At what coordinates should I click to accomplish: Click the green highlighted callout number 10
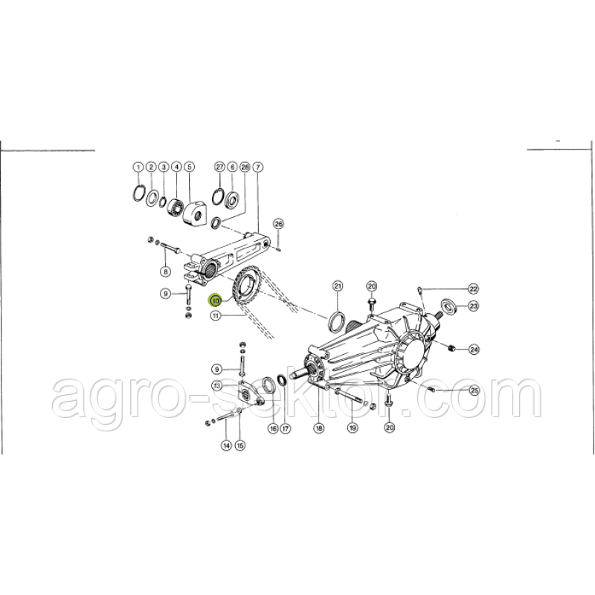coord(216,300)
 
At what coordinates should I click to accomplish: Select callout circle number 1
coord(138,167)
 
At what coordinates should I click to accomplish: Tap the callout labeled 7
coord(257,167)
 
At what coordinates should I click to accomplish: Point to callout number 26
coord(278,224)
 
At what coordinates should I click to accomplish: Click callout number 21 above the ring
coord(338,286)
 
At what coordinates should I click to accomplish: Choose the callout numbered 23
coord(473,306)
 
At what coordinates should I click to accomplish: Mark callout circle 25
coord(475,390)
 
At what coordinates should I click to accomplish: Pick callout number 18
coord(319,428)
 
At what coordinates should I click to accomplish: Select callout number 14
coord(227,445)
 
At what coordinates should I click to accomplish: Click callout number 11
coord(216,315)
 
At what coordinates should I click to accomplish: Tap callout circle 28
coord(245,167)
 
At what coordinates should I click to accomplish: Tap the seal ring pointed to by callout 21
coord(337,321)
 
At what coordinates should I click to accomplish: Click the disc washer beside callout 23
coord(448,306)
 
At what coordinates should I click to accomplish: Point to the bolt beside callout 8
coord(171,248)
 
